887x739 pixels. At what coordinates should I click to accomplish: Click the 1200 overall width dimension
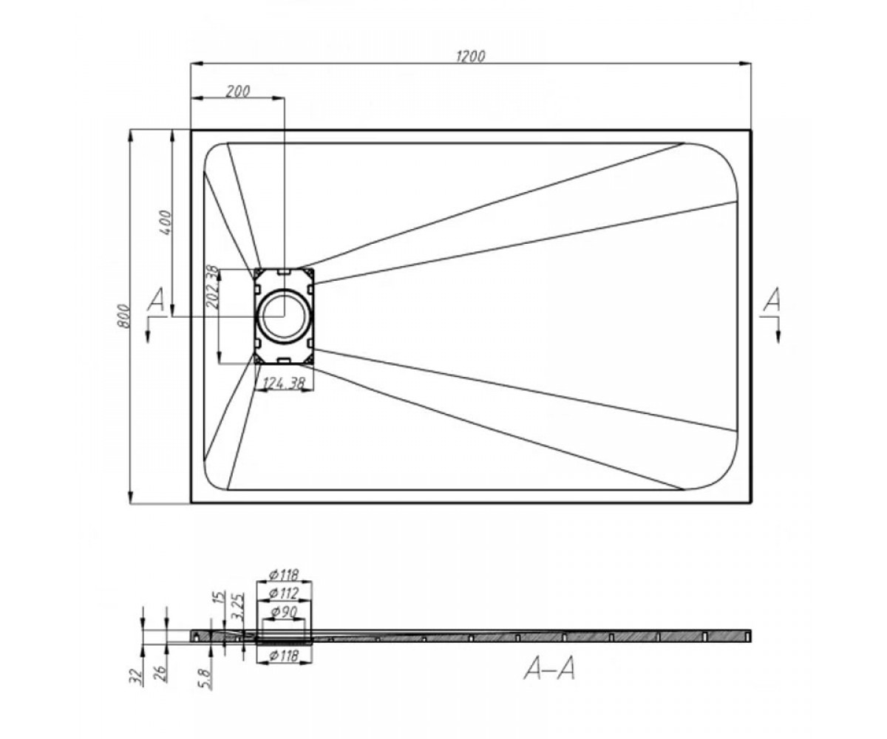pyautogui.click(x=470, y=56)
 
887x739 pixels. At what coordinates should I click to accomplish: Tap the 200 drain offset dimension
pyautogui.click(x=237, y=92)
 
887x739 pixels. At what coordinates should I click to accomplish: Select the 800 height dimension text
pyautogui.click(x=123, y=316)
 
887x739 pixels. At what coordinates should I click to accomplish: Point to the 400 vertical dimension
pyautogui.click(x=166, y=222)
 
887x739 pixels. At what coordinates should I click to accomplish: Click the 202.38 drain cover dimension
pyautogui.click(x=211, y=287)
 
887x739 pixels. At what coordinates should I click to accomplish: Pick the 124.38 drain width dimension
pyautogui.click(x=284, y=384)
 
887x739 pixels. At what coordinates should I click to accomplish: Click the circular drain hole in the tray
pyautogui.click(x=284, y=316)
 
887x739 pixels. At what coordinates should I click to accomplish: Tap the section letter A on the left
pyautogui.click(x=156, y=299)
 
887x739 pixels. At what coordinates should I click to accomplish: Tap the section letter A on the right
pyautogui.click(x=772, y=299)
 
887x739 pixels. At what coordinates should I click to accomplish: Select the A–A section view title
pyautogui.click(x=549, y=668)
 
